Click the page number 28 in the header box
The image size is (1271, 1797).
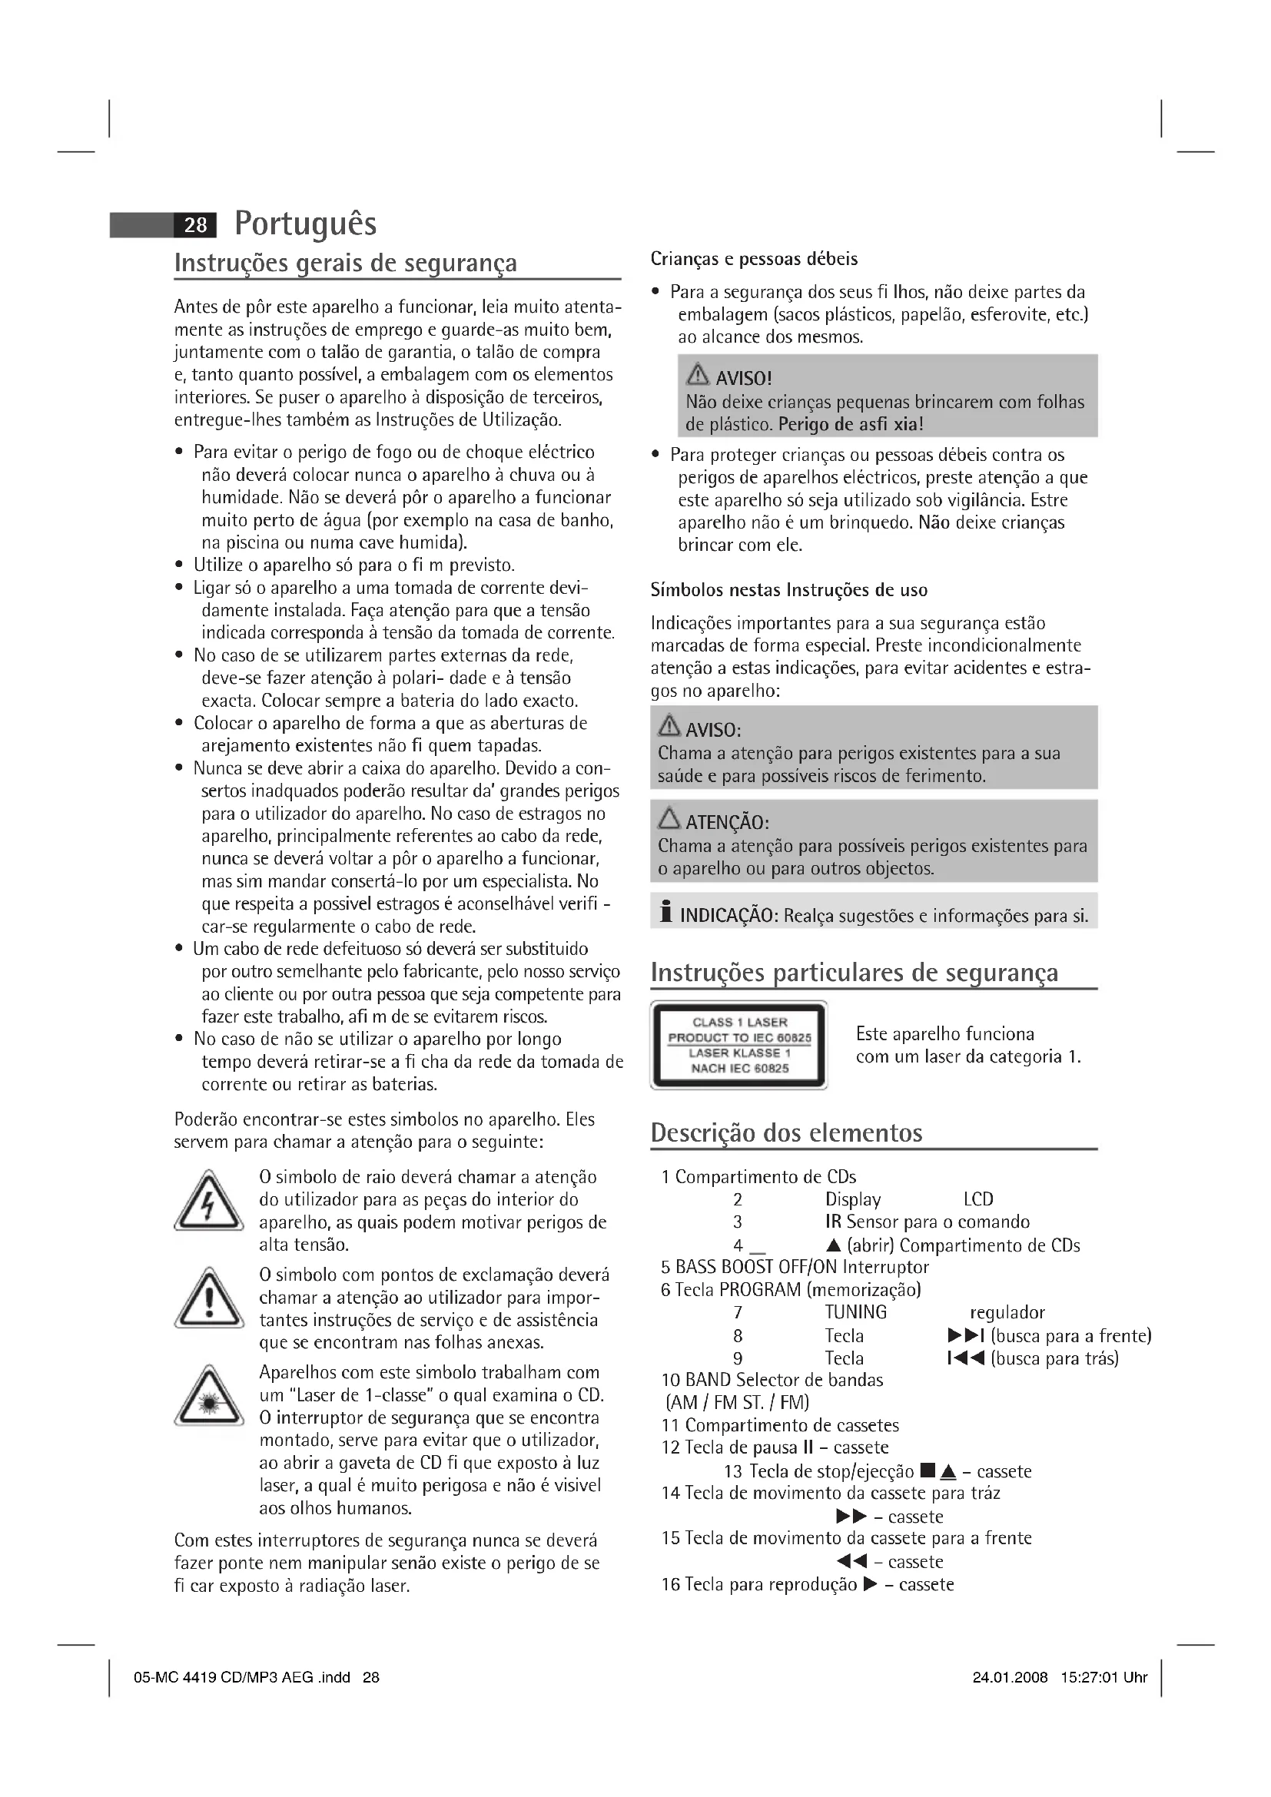point(195,225)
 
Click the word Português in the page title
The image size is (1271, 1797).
point(305,224)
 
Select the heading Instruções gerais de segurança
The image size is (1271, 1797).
point(345,262)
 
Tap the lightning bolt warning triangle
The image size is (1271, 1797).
point(208,1202)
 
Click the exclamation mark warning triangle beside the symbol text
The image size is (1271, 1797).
point(208,1299)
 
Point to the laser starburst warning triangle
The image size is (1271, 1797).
point(208,1397)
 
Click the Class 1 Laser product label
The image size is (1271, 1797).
point(738,1045)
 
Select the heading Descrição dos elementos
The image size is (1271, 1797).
point(786,1132)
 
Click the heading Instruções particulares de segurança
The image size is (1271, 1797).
point(854,972)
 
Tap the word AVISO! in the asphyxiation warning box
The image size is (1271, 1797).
point(744,379)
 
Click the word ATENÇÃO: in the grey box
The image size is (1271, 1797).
point(727,823)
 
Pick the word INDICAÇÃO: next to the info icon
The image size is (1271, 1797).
point(728,916)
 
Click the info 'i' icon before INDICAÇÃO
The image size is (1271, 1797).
point(666,913)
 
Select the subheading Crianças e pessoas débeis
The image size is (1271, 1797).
point(754,259)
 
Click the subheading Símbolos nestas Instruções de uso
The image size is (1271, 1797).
point(789,590)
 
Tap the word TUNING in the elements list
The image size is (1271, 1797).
point(855,1312)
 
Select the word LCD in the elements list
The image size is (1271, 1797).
point(978,1199)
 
